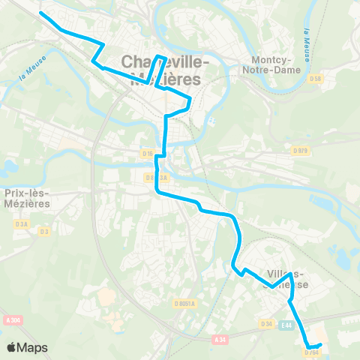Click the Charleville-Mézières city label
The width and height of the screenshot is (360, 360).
(160, 68)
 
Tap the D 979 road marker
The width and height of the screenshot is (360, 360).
(301, 150)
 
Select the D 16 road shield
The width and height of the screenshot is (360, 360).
(148, 154)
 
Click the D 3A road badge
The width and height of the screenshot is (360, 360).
(22, 223)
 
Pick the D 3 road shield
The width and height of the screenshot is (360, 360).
(44, 231)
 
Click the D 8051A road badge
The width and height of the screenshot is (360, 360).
(184, 304)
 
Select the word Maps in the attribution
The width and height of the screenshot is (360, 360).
(32, 347)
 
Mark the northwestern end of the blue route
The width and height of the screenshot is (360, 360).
(40, 13)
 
